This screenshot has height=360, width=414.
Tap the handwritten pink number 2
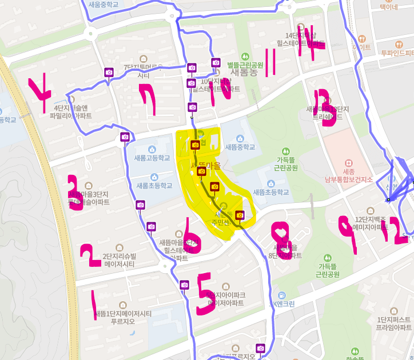90,255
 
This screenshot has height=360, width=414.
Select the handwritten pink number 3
75,193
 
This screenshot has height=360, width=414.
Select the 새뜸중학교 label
240,147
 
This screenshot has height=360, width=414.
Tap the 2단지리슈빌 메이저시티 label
118,260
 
